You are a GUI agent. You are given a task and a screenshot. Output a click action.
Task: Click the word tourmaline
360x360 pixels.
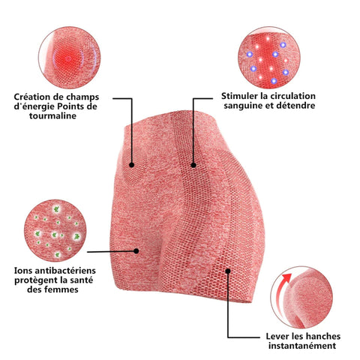tap(52, 115)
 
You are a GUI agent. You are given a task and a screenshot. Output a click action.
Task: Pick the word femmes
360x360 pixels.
tap(61, 289)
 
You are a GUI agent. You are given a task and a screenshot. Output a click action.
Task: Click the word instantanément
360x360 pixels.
tap(302, 346)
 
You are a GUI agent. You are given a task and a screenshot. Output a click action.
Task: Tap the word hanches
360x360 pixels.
tap(323, 336)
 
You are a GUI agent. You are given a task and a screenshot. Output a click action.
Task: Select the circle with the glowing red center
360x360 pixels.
tap(70, 58)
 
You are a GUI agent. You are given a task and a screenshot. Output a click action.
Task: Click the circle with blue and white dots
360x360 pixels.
tap(269, 58)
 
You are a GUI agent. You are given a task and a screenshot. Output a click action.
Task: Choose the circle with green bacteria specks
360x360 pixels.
tap(55, 230)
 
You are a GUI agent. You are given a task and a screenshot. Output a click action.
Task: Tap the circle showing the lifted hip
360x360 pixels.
tap(301, 297)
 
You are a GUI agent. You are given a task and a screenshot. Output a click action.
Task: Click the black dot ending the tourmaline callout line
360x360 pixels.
tap(132, 165)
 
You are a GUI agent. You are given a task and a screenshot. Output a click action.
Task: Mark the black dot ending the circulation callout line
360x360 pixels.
tap(193, 165)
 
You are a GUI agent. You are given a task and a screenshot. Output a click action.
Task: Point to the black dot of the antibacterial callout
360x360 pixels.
tap(136, 251)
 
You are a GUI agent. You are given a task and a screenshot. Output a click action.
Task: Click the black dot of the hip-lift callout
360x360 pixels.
tap(228, 271)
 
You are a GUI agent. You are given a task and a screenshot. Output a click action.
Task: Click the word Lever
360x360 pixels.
tap(277, 336)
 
